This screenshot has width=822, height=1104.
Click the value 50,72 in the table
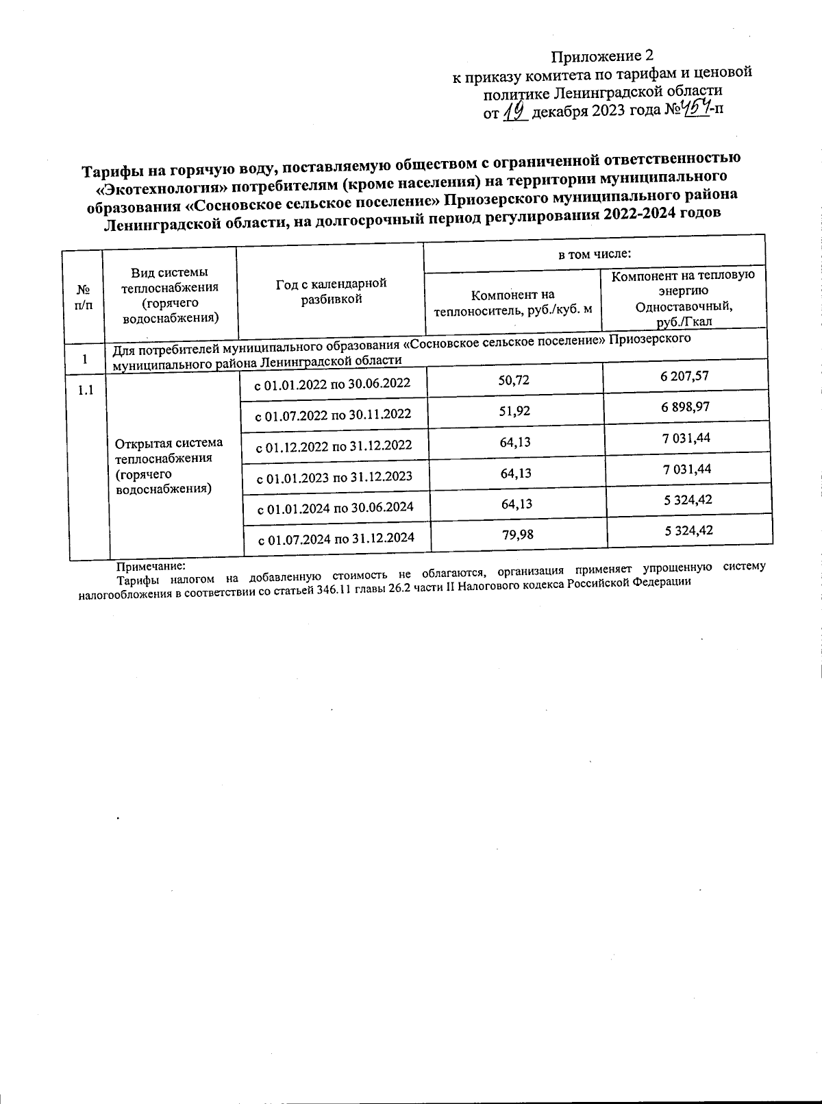pos(514,380)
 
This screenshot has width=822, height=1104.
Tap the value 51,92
pos(515,411)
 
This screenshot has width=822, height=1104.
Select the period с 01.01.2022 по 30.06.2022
pos(332,384)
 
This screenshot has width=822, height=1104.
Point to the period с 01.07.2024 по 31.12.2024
pos(336,539)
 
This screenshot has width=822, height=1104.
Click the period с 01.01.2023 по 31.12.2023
pos(334,477)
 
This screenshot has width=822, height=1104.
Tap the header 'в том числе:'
pos(594,254)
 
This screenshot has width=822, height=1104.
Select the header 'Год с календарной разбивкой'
pos(331,291)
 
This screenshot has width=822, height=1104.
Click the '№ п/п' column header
pos(82,297)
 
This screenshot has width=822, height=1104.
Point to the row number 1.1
pos(86,391)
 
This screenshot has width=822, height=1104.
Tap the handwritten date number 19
pos(514,111)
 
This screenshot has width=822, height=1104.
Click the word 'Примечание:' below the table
pos(151,567)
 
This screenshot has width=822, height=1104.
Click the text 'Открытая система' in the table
pos(169,443)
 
